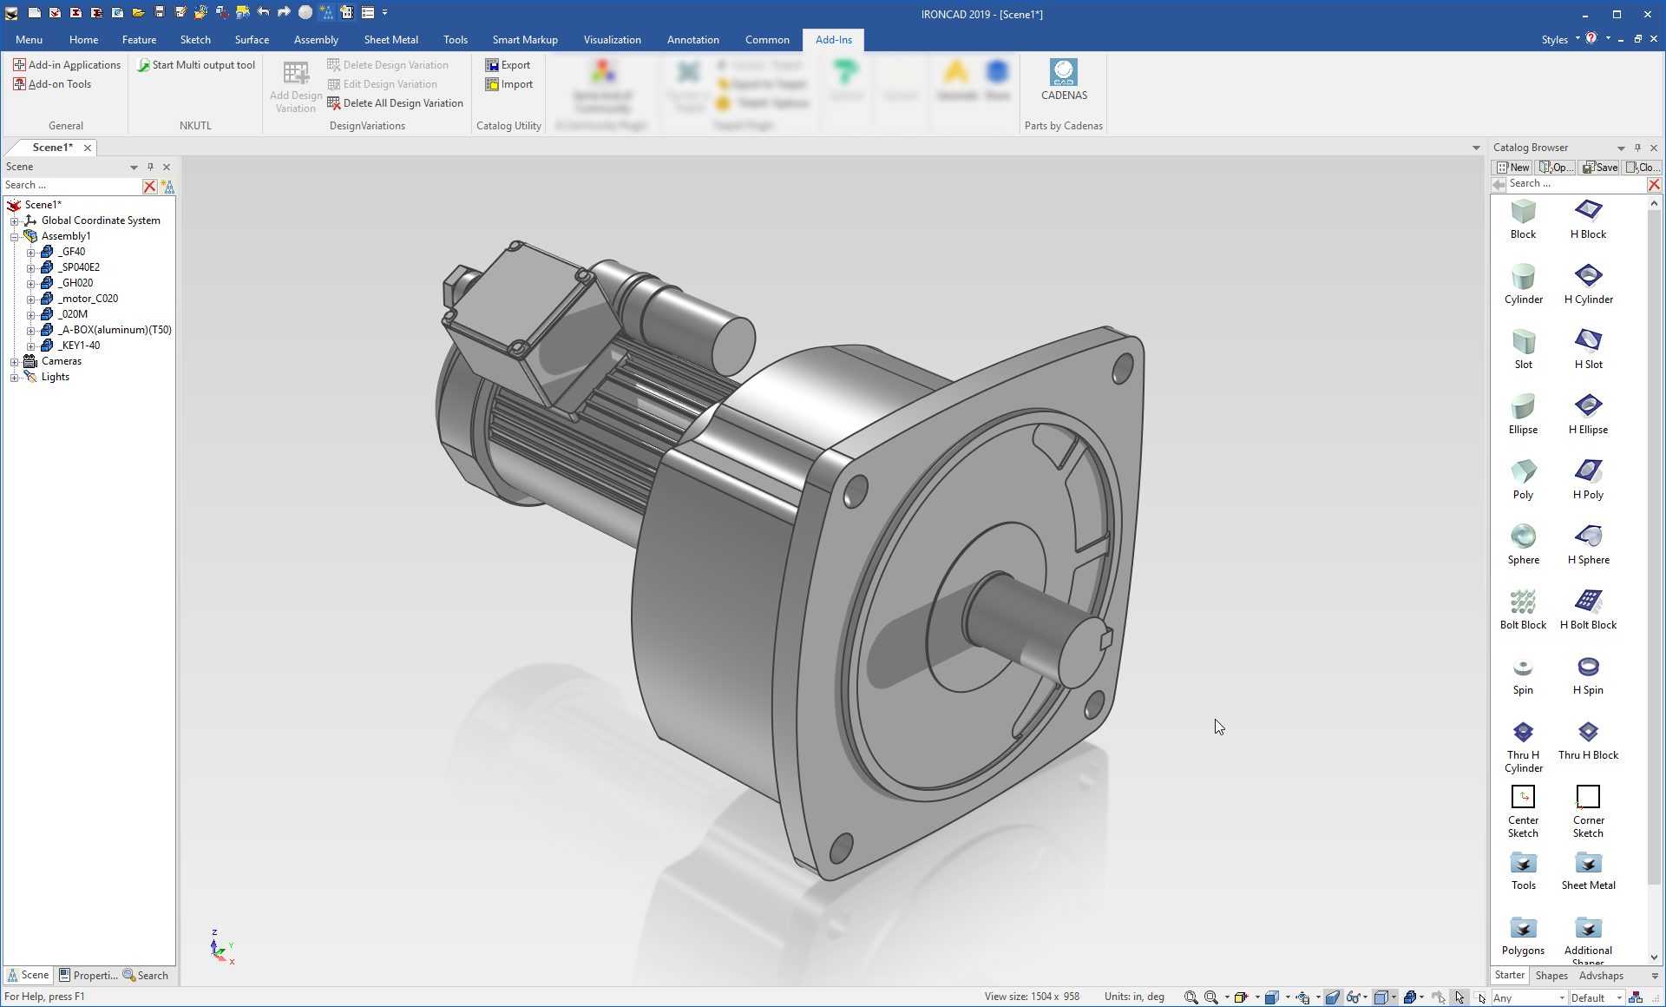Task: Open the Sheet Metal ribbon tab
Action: tap(390, 40)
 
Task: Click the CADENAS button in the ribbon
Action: tap(1063, 80)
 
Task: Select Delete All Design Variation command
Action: tap(395, 103)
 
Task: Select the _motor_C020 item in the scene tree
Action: tap(89, 299)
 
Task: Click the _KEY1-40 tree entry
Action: tap(80, 346)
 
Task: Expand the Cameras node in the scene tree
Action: tap(14, 362)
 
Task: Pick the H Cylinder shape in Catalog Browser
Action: tap(1588, 283)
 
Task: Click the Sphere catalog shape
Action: tap(1523, 543)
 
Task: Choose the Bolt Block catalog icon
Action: tap(1523, 609)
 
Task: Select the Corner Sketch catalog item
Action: tap(1588, 811)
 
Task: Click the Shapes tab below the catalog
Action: tap(1551, 976)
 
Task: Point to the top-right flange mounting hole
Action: tap(1122, 369)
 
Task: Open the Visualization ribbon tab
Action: tap(612, 40)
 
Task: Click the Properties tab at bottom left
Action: tap(89, 976)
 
